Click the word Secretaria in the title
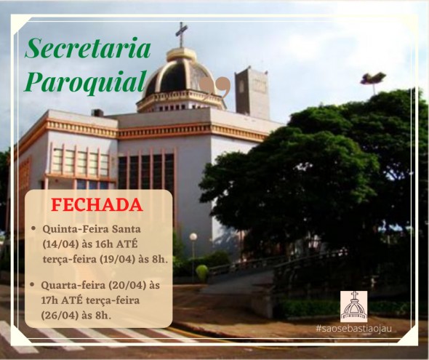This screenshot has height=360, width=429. coord(87,49)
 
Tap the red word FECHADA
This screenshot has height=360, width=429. coord(97,205)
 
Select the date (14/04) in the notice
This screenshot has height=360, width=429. coord(59,244)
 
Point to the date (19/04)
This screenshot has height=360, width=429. coord(117,259)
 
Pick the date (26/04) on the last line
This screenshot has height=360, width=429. coord(58,316)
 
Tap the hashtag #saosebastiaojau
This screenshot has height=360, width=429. coord(353,329)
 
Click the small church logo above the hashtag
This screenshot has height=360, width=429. coord(354,306)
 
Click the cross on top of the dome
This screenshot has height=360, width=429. coord(181,34)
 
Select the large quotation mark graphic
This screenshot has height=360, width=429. coord(214,88)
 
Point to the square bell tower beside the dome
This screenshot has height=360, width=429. coord(252,93)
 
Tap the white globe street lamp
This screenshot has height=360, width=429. coord(193,236)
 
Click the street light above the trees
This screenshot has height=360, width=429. coord(373,79)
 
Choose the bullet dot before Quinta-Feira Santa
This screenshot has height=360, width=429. coord(34,228)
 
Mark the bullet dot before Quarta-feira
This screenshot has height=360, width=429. coord(32,284)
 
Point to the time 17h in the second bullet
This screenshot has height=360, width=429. coord(49,300)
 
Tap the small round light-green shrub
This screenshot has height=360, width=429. coord(202,273)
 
